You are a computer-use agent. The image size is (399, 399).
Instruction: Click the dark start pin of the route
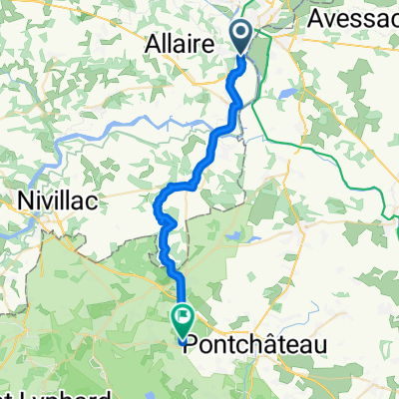click(243, 38)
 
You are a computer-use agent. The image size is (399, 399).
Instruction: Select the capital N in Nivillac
click(25, 201)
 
